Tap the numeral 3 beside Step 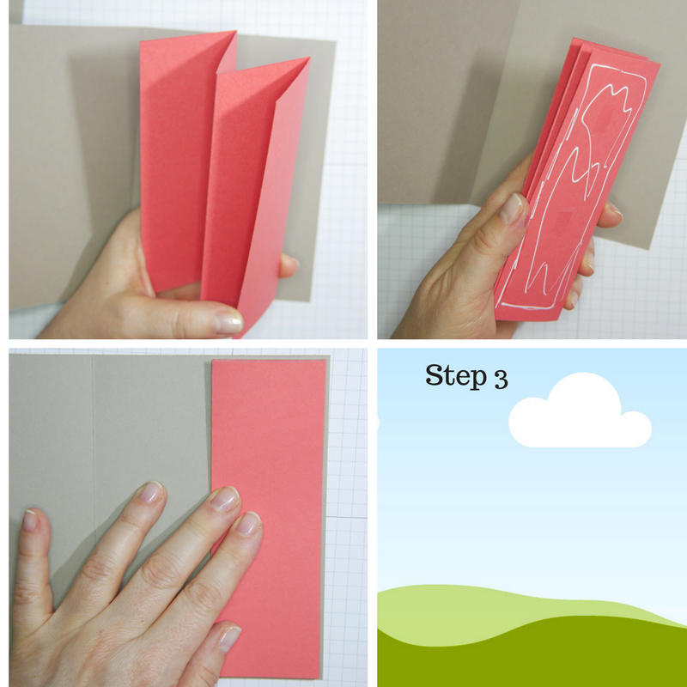click(x=500, y=379)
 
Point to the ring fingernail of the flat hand click(x=151, y=491)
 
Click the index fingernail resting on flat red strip click(x=247, y=523)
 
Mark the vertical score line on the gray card click(x=93, y=447)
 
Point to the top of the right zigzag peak click(x=307, y=61)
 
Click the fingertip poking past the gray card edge click(x=612, y=210)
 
